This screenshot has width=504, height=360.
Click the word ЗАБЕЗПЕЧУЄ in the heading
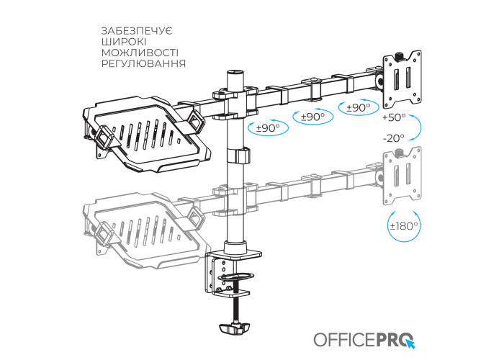[138, 31]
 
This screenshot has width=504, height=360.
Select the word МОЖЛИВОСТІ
[140, 53]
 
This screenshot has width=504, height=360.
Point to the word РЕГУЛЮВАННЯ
[144, 63]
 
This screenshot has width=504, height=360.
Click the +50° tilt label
[394, 117]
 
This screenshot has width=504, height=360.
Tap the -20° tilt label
[393, 138]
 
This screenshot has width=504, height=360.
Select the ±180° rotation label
[404, 226]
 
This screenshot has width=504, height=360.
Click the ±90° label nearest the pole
[268, 128]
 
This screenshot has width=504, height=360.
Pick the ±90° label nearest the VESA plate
[359, 107]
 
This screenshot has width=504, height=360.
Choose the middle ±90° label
[312, 117]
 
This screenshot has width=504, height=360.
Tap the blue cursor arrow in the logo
[410, 344]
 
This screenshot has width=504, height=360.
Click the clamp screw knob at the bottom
[234, 328]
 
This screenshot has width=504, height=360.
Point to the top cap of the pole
[235, 72]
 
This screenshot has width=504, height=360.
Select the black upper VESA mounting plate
[402, 79]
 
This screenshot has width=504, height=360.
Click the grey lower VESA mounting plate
[402, 176]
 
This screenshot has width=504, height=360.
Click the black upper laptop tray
[145, 133]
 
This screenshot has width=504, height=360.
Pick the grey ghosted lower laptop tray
[145, 230]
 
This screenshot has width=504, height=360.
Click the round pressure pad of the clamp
[235, 276]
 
